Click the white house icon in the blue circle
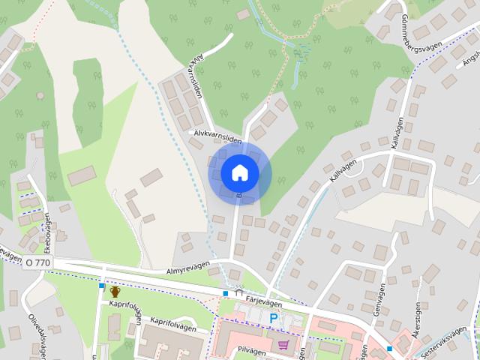(x=239, y=172)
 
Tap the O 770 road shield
(x=37, y=262)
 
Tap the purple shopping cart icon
(x=283, y=345)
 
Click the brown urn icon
(x=115, y=291)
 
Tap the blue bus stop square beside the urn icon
(x=101, y=286)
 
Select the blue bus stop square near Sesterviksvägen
(x=389, y=349)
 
